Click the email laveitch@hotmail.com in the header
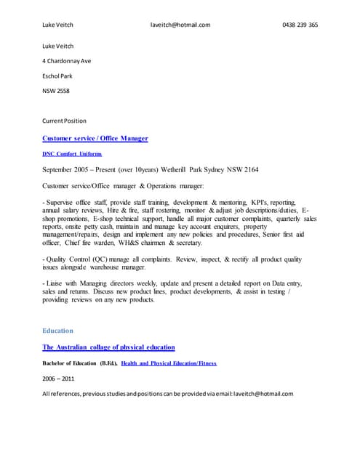180,25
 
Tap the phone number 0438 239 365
300,25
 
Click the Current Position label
64,121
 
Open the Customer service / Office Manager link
95,138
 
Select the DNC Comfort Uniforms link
72,154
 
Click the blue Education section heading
57,331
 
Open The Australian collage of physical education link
108,347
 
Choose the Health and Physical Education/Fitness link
168,363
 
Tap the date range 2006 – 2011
58,379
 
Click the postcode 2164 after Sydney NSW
250,170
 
